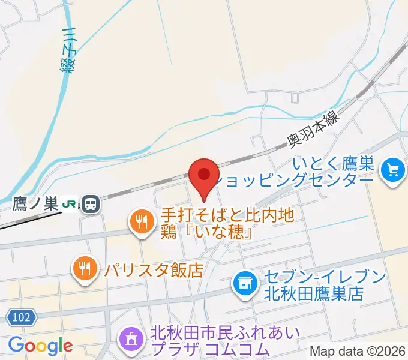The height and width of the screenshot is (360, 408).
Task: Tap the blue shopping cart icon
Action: (x=394, y=171)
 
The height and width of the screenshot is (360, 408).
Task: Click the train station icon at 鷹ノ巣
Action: (x=91, y=205)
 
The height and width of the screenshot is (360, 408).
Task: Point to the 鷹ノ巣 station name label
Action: (x=35, y=205)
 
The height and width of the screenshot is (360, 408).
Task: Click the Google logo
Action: (x=40, y=345)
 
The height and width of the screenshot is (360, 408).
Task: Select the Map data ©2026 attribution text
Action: (x=358, y=351)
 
